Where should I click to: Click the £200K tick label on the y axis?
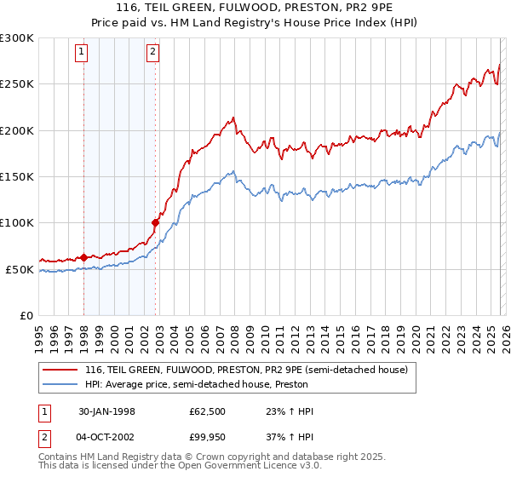(17, 130)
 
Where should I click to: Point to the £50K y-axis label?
(20, 269)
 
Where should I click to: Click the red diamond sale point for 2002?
(155, 223)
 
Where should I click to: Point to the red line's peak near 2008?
(233, 118)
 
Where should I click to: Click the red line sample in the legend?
(60, 371)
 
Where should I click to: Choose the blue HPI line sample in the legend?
(60, 384)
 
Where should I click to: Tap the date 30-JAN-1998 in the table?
(108, 411)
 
